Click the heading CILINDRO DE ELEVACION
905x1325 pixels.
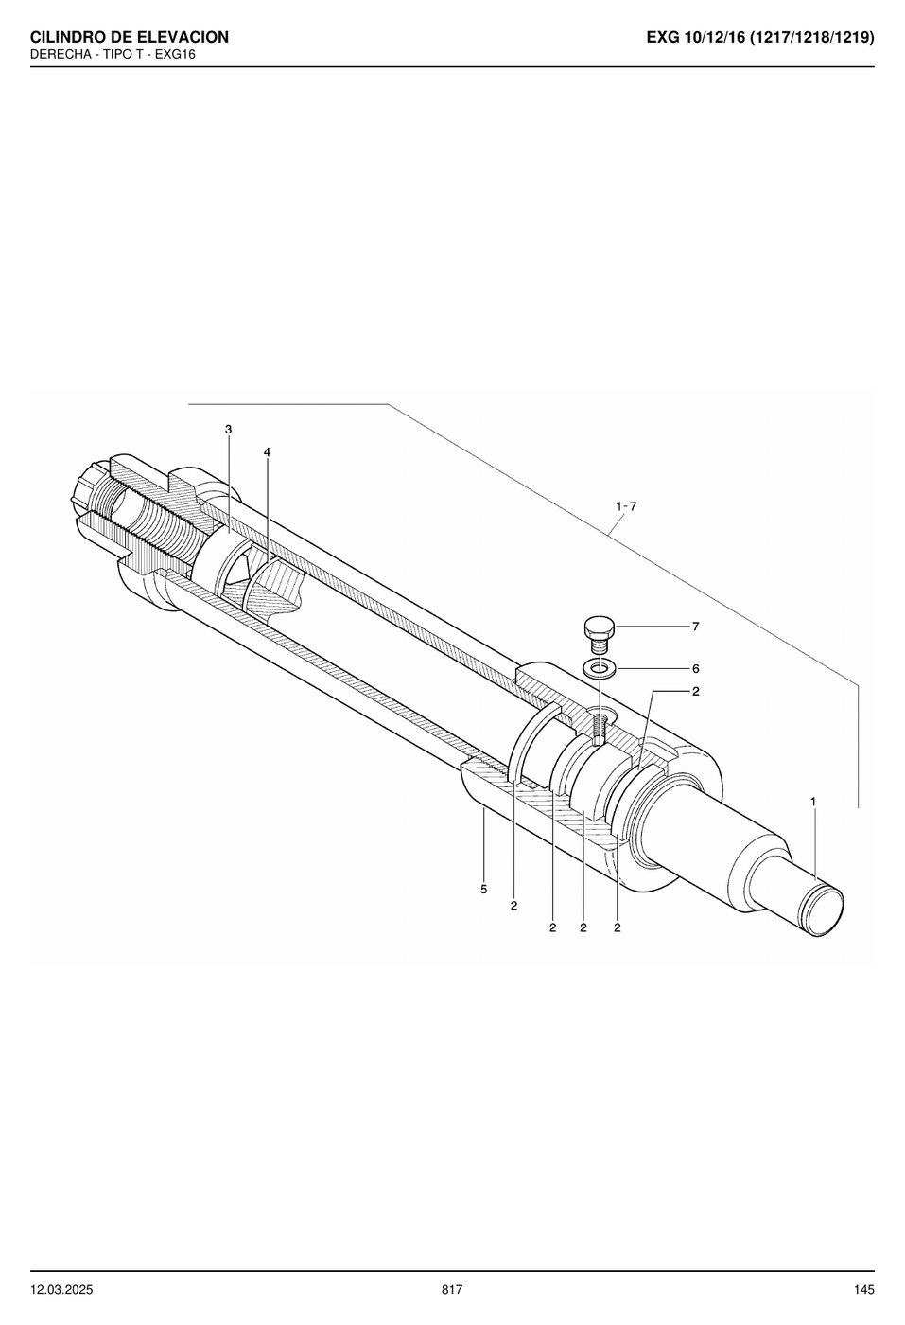(130, 37)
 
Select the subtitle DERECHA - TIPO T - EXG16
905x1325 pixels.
(113, 55)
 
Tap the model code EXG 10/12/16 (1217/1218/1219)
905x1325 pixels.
(760, 38)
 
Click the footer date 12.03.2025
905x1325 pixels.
(61, 1290)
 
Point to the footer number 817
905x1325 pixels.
(452, 1290)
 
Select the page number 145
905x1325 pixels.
(863, 1290)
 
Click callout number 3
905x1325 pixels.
(228, 430)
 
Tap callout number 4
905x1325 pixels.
(267, 452)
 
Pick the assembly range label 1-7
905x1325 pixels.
(626, 506)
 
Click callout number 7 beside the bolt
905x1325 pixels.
(696, 627)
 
